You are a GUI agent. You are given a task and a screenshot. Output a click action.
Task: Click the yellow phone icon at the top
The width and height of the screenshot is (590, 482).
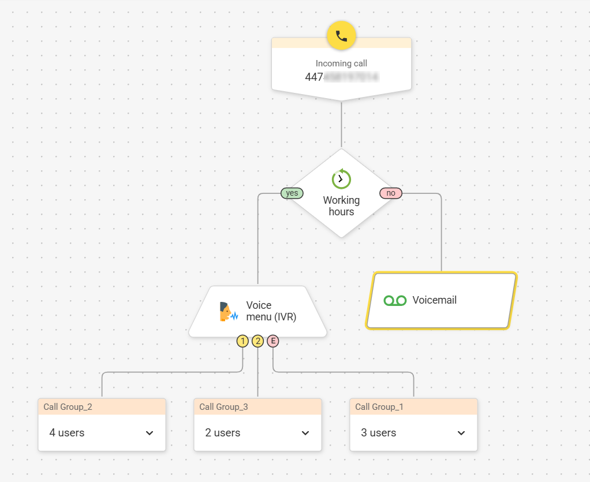point(341,36)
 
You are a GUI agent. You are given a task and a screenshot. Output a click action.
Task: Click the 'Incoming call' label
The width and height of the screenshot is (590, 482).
point(341,63)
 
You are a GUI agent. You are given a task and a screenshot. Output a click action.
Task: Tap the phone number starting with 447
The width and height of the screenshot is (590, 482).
point(341,77)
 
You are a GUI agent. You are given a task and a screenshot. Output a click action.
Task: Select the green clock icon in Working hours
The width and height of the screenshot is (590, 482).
point(341,179)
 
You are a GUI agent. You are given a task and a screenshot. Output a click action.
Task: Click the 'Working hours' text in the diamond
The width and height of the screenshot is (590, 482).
point(341,206)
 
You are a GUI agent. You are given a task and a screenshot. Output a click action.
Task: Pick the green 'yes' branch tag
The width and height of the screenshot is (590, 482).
point(292,193)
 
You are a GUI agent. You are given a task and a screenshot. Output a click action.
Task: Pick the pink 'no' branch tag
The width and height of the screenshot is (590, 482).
point(391,193)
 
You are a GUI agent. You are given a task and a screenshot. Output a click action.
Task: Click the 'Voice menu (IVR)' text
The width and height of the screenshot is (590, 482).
point(271,311)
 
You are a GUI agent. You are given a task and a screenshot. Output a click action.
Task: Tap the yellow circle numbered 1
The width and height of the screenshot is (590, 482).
point(242,341)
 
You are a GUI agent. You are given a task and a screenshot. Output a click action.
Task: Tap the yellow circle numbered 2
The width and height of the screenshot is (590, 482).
point(257,341)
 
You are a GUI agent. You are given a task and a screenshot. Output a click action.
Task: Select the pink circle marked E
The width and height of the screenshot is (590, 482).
point(272,341)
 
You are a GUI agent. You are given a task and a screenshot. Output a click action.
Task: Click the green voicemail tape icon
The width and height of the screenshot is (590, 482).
point(395,300)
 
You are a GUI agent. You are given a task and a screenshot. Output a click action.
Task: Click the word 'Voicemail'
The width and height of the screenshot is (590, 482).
point(434,300)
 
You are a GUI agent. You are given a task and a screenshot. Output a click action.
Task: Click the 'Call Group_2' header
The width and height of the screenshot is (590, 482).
point(68,407)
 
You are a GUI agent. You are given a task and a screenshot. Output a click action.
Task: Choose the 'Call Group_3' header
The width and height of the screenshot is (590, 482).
point(223,407)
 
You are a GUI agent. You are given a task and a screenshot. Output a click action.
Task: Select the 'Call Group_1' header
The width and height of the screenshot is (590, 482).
point(379,407)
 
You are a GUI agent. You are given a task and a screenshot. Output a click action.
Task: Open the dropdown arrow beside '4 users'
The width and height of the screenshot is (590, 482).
point(150,433)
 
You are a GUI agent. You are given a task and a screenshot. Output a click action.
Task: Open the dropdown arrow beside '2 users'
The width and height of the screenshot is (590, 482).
point(305,433)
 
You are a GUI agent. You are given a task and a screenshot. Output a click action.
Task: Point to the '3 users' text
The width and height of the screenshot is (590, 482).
point(379,433)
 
